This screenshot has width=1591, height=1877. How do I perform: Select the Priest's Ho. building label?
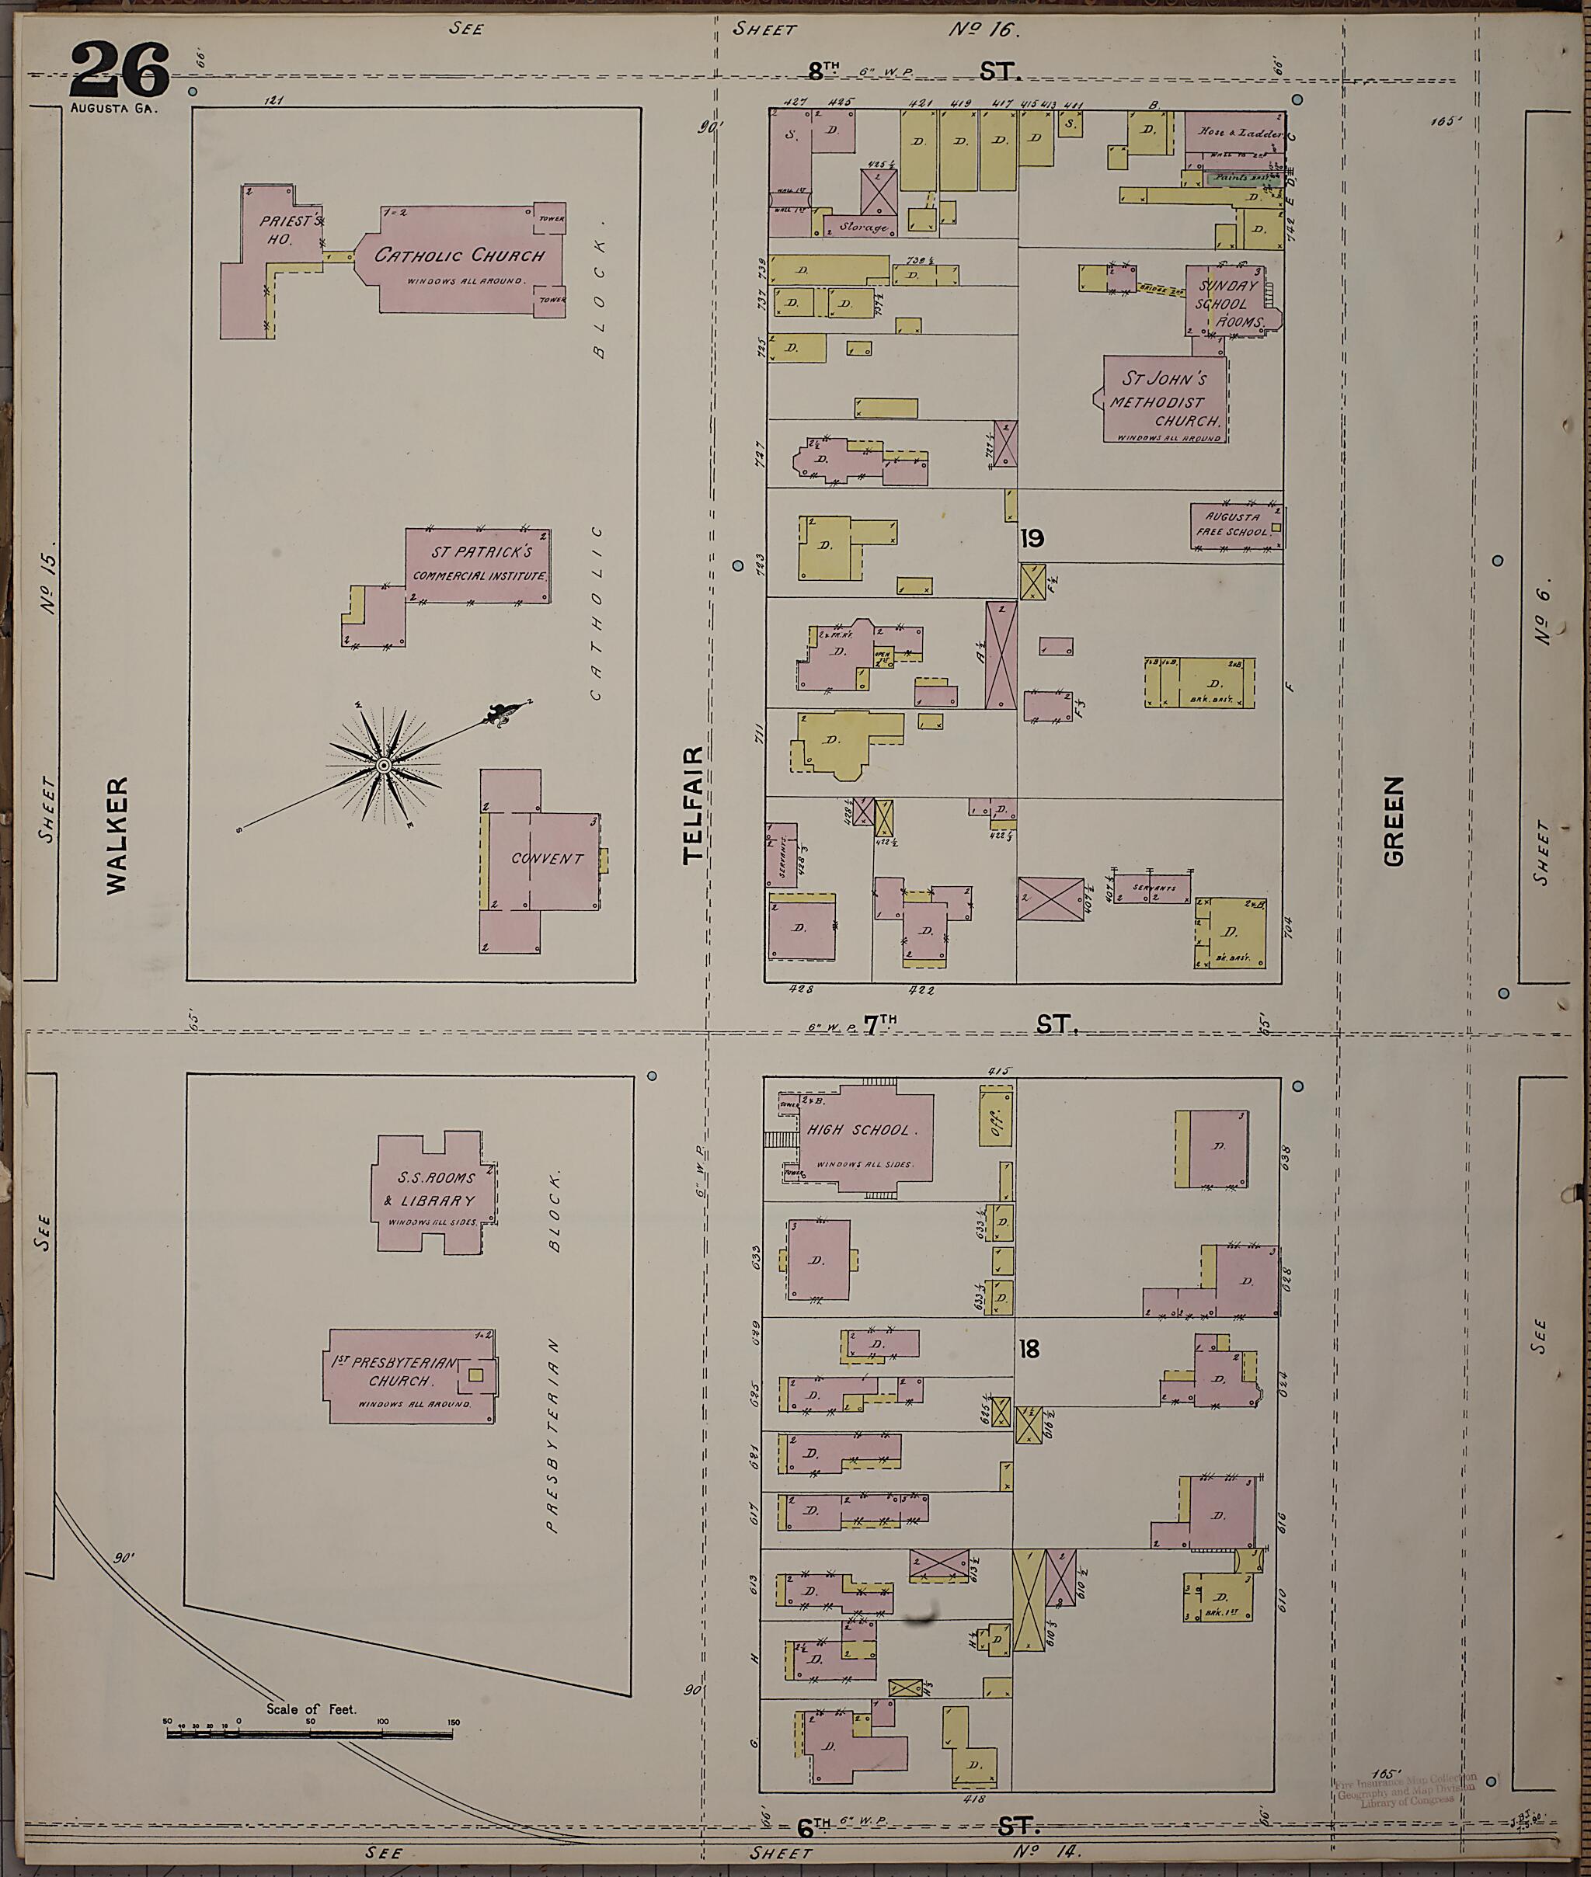287,230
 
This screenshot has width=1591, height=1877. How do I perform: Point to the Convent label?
547,858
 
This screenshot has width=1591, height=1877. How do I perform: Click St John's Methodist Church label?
1164,400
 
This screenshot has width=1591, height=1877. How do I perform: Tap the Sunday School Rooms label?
1228,303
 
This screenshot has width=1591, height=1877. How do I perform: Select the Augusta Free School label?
1232,525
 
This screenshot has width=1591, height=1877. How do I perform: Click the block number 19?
1032,539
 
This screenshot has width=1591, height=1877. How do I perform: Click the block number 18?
1029,1349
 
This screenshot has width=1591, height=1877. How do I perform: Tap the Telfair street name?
693,805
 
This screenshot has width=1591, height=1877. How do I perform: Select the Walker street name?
117,835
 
